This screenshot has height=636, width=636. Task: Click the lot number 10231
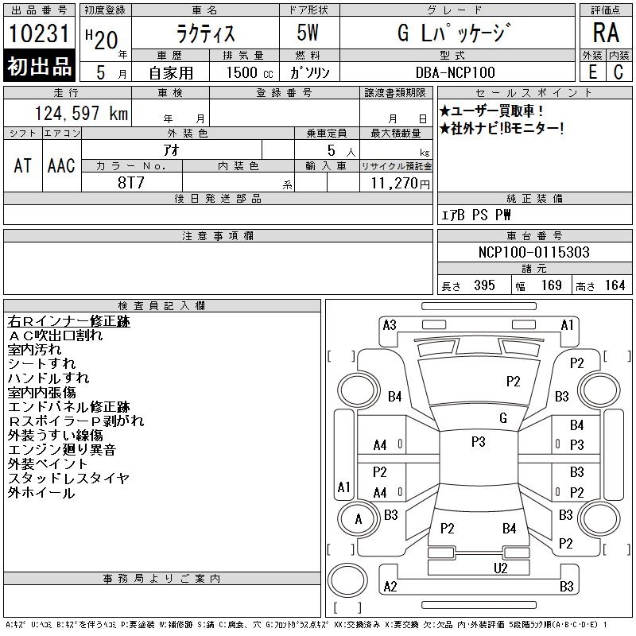(39, 33)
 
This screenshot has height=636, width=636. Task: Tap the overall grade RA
(606, 33)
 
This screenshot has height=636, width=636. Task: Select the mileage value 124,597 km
(81, 113)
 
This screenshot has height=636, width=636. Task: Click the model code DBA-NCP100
(455, 72)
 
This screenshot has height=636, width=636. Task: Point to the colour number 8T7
(131, 183)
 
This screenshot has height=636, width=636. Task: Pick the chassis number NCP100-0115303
(533, 252)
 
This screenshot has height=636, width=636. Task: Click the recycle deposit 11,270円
(401, 184)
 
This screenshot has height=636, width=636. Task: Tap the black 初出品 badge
(39, 66)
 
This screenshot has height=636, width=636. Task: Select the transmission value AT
(23, 165)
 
